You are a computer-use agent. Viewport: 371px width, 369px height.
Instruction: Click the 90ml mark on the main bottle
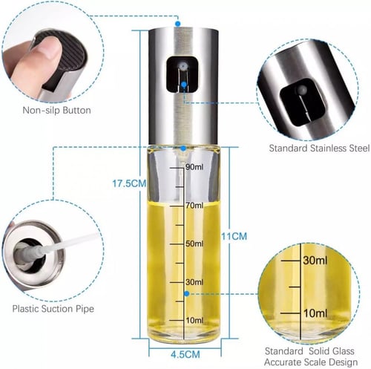coord(194,167)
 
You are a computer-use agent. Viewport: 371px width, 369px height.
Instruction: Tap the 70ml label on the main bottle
coord(194,205)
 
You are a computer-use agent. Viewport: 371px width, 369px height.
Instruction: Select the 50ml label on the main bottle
coord(194,244)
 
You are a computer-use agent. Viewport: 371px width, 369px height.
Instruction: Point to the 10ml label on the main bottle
coord(194,320)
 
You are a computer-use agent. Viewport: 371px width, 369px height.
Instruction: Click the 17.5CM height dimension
coord(129,183)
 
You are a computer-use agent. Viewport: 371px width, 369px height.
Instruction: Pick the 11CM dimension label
coord(234,236)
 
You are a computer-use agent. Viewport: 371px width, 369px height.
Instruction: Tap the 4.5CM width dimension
coord(185,354)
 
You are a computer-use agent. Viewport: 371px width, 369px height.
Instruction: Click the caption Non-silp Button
coord(56,110)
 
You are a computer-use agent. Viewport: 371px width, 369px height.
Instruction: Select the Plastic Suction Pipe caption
coord(53,309)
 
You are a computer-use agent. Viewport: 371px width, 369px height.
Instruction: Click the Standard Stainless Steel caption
coord(319,148)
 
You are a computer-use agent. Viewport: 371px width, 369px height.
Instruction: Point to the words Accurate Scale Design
coord(311,362)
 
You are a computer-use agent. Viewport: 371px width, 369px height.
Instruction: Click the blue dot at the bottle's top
coord(177,24)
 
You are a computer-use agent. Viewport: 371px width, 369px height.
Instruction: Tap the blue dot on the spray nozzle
coord(183,85)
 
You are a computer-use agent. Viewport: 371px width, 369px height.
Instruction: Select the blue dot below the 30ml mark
coord(187,294)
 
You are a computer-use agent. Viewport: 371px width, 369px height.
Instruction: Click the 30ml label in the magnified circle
coord(315,261)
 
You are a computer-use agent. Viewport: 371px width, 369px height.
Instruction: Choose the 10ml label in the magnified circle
coord(315,313)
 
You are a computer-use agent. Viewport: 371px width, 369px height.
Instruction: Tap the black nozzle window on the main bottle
coord(183,74)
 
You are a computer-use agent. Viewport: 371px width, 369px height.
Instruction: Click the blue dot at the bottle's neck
coord(183,148)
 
